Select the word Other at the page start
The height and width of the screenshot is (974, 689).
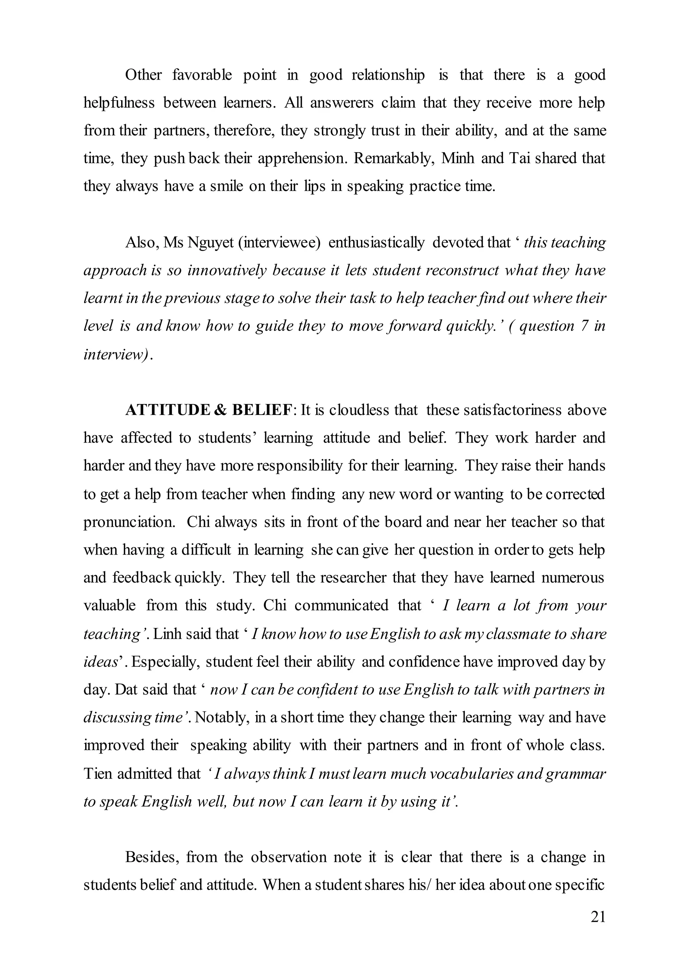point(143,75)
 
